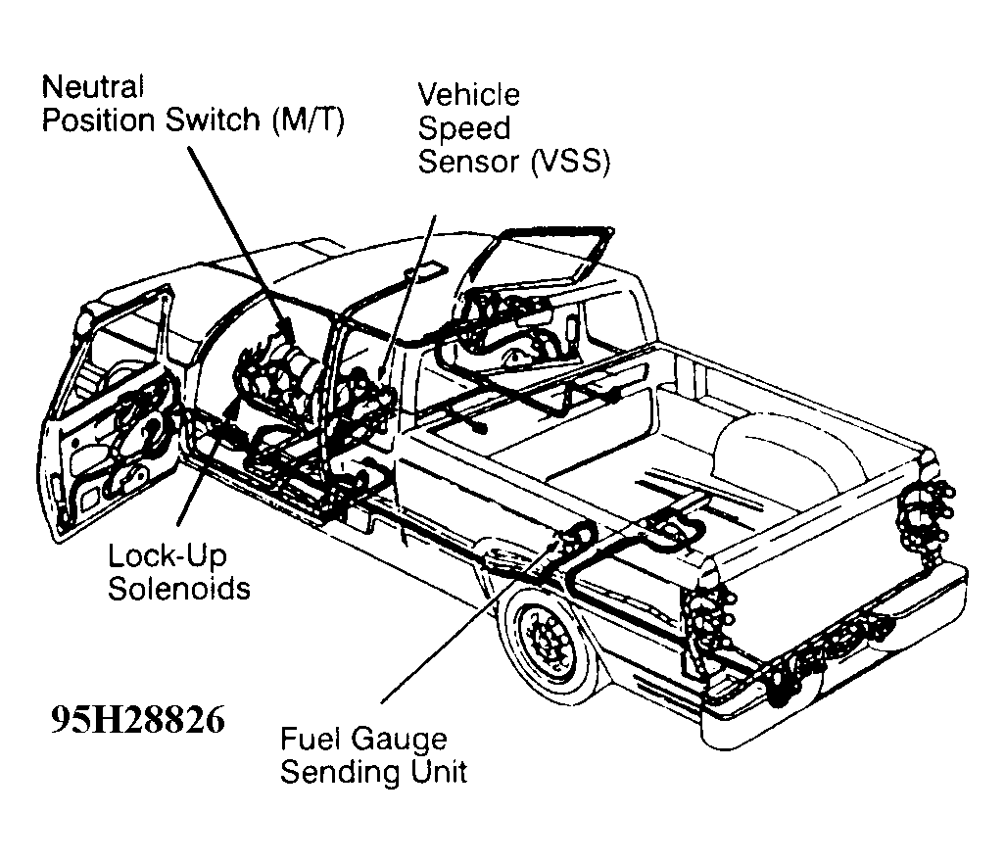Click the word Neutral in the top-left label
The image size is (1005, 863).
pos(92,86)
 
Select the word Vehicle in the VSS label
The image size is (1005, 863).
pos(468,95)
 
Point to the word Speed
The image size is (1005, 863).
pos(463,128)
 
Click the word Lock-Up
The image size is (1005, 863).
pos(167,556)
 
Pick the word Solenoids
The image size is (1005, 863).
pos(178,589)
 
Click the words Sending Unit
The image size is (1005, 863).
pos(373,772)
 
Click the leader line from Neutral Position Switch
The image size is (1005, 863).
pos(235,235)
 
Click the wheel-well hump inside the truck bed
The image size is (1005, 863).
pos(774,441)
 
